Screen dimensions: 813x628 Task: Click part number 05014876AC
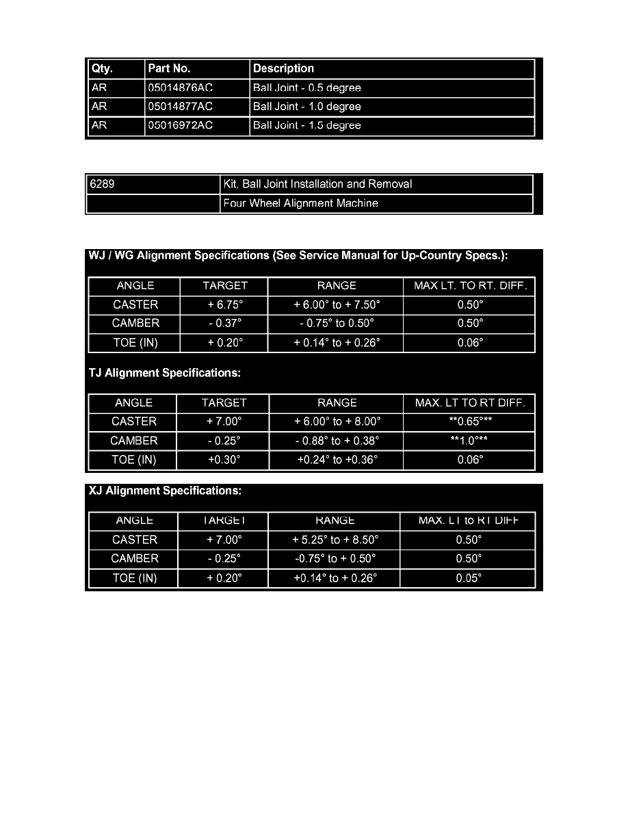(181, 88)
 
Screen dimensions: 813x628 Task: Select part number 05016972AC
(181, 126)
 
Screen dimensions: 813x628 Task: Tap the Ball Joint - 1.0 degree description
(307, 107)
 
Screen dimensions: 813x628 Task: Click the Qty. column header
(102, 68)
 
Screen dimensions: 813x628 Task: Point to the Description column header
(283, 68)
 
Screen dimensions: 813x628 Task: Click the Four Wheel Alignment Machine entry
(301, 203)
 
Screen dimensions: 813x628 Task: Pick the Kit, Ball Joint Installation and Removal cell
(318, 184)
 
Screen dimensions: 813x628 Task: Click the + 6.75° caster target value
(224, 305)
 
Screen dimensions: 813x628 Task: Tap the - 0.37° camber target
(224, 324)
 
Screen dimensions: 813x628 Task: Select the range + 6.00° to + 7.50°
(336, 305)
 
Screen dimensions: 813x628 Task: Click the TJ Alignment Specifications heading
(165, 374)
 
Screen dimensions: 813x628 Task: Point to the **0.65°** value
(470, 422)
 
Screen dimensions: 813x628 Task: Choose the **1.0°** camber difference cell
(470, 441)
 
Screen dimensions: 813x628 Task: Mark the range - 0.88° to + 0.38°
(337, 441)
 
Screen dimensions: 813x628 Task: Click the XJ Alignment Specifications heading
(165, 491)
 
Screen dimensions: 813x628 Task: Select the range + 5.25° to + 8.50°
(335, 540)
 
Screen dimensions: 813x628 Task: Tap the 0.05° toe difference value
(469, 578)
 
